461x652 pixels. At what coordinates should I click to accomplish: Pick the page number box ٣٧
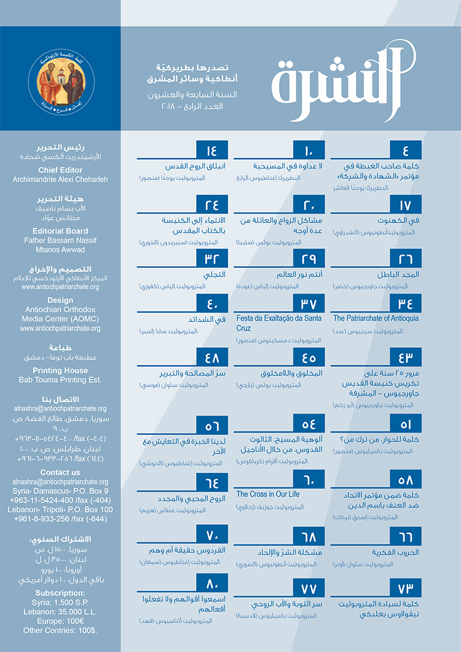coord(309,304)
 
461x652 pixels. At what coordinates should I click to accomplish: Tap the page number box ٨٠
coord(212,581)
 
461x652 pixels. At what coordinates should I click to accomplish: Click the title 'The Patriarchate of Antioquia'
coord(376,318)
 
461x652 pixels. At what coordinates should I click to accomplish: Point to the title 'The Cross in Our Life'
coord(268,494)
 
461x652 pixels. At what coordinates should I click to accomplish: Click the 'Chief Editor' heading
coord(60,170)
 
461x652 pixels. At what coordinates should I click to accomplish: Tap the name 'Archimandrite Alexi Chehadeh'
coord(60,179)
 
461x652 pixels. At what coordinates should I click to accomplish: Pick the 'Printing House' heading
coord(60,371)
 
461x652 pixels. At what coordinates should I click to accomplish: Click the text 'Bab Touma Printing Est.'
coord(60,380)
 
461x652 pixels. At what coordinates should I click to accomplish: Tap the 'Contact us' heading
coord(60,473)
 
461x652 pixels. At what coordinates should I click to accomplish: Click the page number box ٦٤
coord(212,481)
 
